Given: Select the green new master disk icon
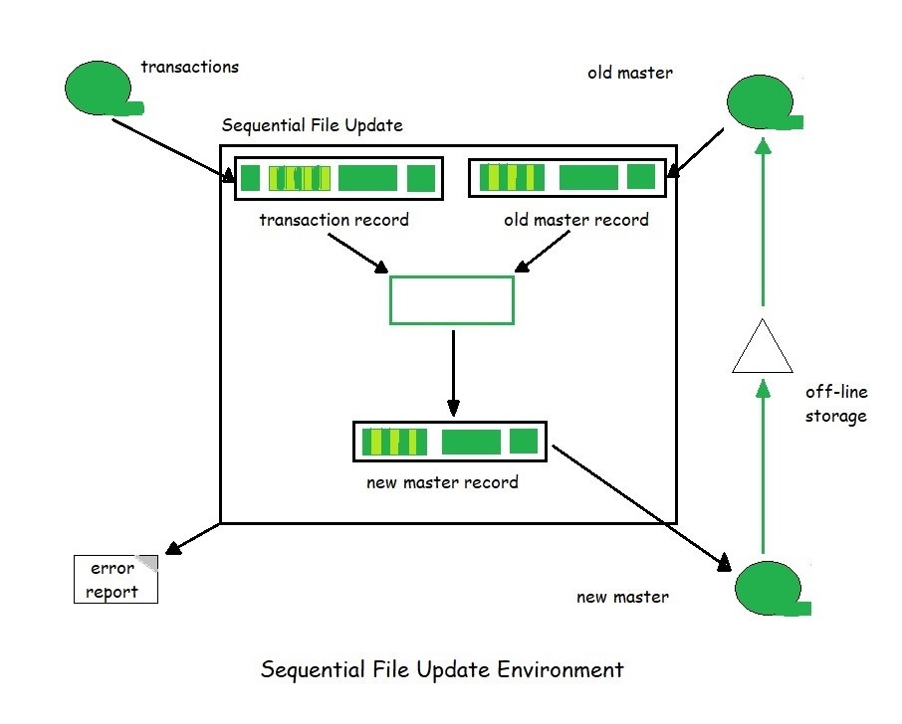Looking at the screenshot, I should pyautogui.click(x=769, y=588).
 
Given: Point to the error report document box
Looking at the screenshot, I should pyautogui.click(x=115, y=580).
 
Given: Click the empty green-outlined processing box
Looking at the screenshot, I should pyautogui.click(x=451, y=300).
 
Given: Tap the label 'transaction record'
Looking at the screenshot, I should pyautogui.click(x=334, y=220).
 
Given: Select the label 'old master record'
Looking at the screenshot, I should pyautogui.click(x=576, y=220).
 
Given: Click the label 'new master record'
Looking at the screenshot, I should pyautogui.click(x=442, y=482).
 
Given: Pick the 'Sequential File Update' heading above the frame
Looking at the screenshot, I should pyautogui.click(x=312, y=125).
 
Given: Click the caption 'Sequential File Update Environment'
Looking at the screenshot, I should pyautogui.click(x=442, y=669).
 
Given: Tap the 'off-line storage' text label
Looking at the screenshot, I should pyautogui.click(x=835, y=404).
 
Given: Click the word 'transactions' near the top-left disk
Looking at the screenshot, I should pyautogui.click(x=189, y=68).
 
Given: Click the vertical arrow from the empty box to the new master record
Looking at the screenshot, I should pyautogui.click(x=453, y=373).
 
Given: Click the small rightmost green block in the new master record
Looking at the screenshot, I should pyautogui.click(x=523, y=441).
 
